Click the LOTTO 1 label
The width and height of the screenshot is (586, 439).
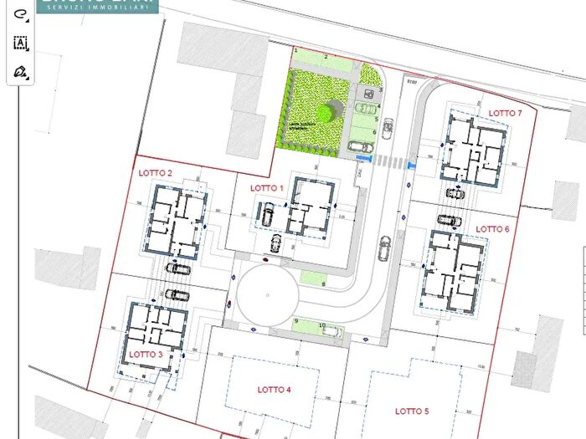point(268,188)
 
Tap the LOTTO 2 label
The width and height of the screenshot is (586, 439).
point(156,173)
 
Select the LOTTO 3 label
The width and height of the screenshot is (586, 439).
point(146,354)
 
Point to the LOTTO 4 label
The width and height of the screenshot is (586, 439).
point(274,390)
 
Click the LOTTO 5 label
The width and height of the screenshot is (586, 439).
point(412,411)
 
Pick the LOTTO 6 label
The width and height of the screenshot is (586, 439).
point(492,229)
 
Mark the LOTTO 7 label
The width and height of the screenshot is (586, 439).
point(505,113)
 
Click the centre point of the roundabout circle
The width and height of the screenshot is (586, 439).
point(266,295)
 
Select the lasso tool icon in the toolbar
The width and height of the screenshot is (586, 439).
point(21,14)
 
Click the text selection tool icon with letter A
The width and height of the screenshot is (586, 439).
point(21,43)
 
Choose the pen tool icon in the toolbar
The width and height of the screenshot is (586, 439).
point(21,73)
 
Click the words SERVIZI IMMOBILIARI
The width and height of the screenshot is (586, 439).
point(102,7)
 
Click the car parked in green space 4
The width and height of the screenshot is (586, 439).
point(365,108)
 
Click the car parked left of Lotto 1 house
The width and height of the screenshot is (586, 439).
point(268,214)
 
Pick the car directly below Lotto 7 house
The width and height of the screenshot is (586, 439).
point(455,193)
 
